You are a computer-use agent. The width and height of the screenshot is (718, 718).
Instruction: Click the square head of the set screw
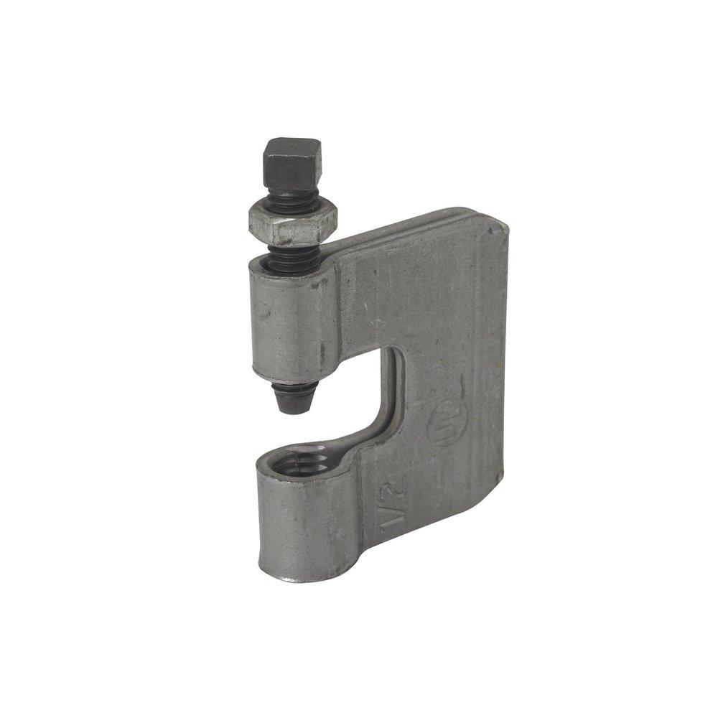click(x=292, y=164)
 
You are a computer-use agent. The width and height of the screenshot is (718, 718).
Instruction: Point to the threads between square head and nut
click(x=292, y=202)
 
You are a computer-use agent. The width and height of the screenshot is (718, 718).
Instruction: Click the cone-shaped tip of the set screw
click(x=294, y=396)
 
